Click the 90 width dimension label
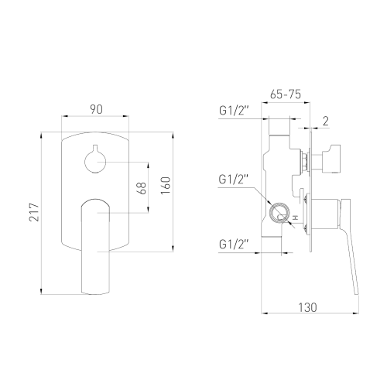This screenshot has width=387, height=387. click(x=96, y=109)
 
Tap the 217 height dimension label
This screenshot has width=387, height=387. click(x=34, y=212)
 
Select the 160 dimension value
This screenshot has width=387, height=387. click(x=166, y=186)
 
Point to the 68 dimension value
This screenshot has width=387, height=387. click(x=142, y=188)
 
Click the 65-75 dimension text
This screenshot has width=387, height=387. click(x=286, y=94)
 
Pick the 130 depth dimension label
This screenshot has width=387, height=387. click(x=307, y=307)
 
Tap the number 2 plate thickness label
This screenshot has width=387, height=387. click(x=326, y=121)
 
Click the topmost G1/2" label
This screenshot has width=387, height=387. click(x=234, y=111)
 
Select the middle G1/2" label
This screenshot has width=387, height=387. click(x=234, y=179)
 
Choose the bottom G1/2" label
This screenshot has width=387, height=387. click(x=234, y=244)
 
